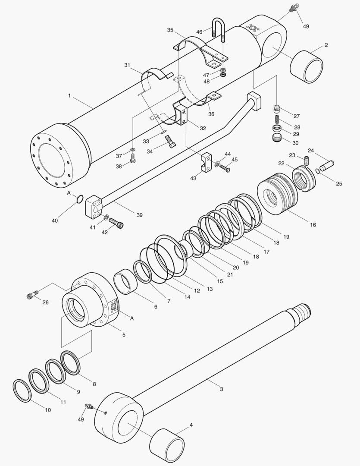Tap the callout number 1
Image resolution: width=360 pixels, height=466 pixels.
pos(69,95)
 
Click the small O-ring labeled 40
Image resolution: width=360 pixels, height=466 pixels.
pos(79,199)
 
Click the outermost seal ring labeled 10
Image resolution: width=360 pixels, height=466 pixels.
pos(22,390)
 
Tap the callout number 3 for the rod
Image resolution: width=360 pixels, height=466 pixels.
pos(221,389)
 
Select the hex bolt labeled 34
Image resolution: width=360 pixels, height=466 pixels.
pos(171,142)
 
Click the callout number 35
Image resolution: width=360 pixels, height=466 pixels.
pos(170,30)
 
